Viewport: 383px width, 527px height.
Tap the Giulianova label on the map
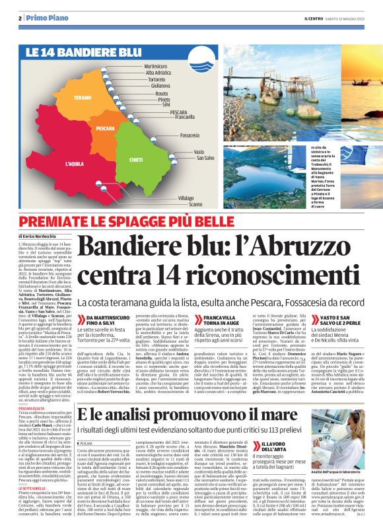[161, 86]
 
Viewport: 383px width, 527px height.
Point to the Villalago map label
[186, 198]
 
